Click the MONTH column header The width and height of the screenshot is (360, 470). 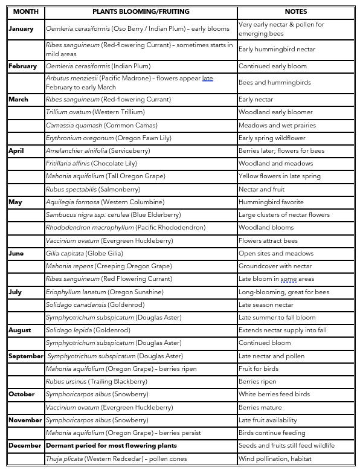tap(25, 11)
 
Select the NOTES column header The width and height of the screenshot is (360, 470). tap(295, 11)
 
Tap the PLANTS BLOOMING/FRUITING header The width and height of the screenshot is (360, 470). tap(140, 11)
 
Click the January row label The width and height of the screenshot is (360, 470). tap(21, 28)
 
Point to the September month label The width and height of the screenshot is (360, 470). tap(25, 356)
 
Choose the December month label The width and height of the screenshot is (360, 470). tap(25, 445)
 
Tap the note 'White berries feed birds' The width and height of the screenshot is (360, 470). tap(274, 394)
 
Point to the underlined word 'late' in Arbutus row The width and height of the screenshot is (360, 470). tap(207, 79)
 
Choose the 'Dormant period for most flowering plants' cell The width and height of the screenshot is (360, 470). tap(111, 445)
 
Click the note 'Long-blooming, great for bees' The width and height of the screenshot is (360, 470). tap(284, 292)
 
